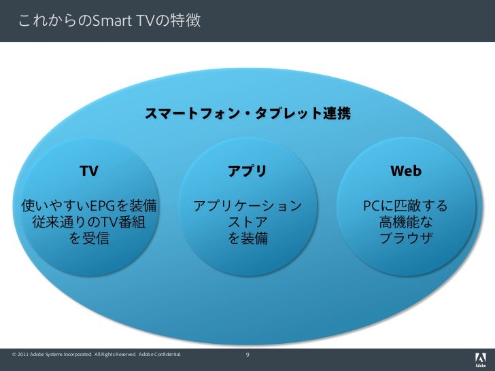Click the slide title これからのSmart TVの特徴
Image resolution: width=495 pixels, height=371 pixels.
[x=109, y=21]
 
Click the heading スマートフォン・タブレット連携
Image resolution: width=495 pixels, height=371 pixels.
[x=247, y=113]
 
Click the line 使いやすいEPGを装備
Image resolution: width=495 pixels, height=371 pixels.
[x=89, y=205]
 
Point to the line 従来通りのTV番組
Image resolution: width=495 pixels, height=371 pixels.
[x=88, y=222]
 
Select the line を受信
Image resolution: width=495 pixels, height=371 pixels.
[x=88, y=238]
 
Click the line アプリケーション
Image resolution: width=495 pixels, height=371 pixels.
[x=247, y=205]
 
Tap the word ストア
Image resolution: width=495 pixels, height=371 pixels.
[x=247, y=222]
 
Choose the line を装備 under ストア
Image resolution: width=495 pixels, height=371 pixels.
[x=247, y=238]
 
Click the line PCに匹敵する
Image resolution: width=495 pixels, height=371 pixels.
[x=405, y=205]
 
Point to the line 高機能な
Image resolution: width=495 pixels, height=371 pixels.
[x=405, y=222]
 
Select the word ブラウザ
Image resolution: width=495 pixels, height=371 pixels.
[x=405, y=238]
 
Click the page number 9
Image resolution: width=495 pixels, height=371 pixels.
[x=247, y=354]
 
